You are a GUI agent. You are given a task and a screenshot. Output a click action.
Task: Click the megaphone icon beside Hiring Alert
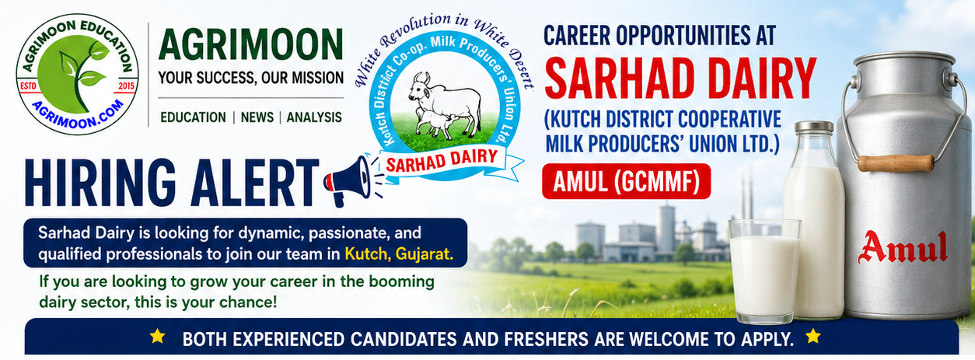click(x=348, y=181)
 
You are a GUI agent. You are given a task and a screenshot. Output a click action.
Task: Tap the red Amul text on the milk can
click(x=903, y=247)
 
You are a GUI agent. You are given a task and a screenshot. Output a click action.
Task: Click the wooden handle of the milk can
click(x=896, y=163)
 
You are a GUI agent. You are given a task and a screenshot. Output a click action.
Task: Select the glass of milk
click(x=764, y=271)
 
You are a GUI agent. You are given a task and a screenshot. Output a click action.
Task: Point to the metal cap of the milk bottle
click(x=814, y=127)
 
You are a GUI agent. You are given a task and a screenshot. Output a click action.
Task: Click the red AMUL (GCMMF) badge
click(x=627, y=181)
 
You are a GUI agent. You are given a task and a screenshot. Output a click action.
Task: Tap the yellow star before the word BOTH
click(x=157, y=337)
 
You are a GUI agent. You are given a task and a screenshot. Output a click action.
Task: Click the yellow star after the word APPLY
click(x=812, y=337)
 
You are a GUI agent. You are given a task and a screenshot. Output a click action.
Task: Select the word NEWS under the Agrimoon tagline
click(x=257, y=117)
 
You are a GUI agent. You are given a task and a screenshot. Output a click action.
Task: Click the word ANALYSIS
click(x=314, y=117)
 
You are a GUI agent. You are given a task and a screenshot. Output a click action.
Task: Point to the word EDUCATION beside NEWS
click(x=194, y=117)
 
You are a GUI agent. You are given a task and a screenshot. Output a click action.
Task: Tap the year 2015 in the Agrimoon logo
click(x=126, y=86)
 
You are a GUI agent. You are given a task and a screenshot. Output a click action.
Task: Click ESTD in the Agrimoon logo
click(x=29, y=86)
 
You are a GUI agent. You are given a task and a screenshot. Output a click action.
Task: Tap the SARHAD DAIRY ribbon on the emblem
click(x=442, y=159)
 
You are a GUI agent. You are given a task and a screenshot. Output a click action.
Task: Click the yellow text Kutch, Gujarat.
click(x=399, y=254)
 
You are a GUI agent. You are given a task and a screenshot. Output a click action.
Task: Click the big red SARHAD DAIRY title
click(x=680, y=79)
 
